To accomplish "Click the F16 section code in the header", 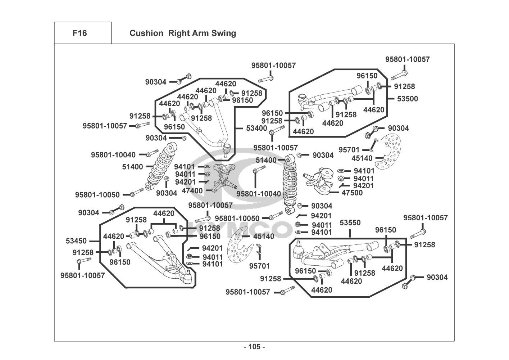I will point(79,33).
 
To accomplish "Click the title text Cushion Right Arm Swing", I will point(183,33).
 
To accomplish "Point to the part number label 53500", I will point(407,99).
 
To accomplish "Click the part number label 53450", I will point(76,240).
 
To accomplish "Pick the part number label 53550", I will point(350,223).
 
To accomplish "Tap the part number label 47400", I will point(192,190).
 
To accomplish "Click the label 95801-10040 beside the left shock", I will point(113,155).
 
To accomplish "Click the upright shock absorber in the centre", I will point(290,184).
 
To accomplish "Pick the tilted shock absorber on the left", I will point(161,166).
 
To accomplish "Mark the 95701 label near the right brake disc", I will point(349,149).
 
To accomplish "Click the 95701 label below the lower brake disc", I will point(259,266).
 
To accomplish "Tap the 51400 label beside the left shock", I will point(132,167).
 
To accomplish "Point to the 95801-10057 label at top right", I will point(407,59).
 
